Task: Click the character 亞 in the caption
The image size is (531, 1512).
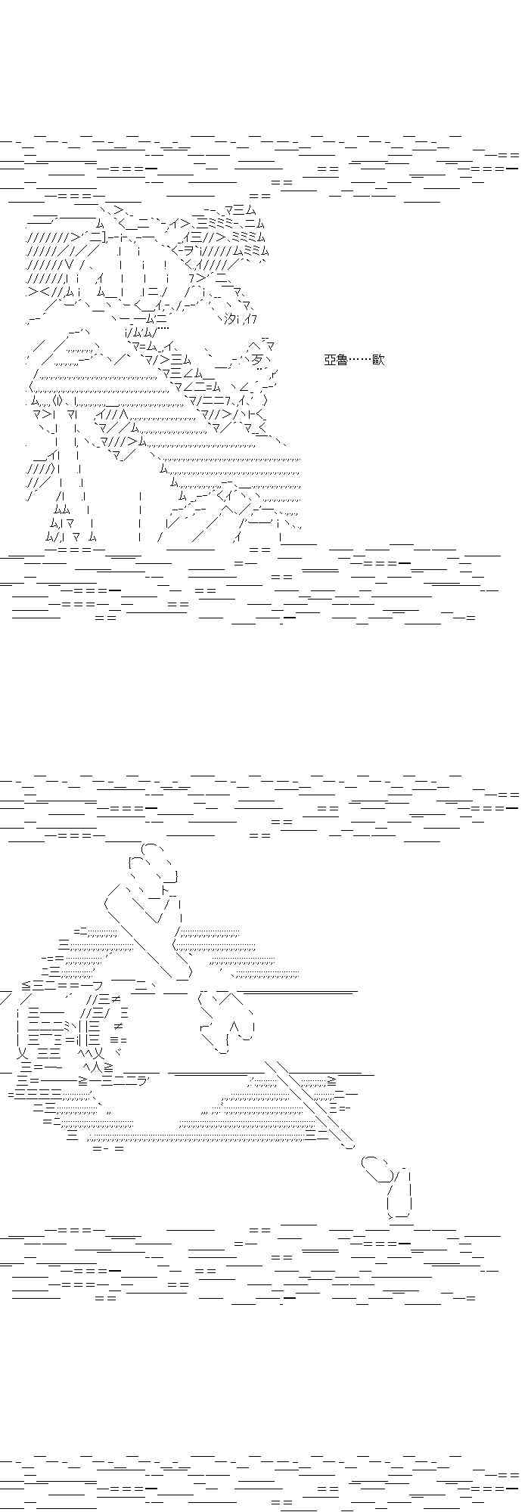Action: click(x=330, y=360)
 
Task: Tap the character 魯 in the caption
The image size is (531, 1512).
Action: click(x=342, y=360)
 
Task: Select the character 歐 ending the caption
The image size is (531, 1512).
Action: click(x=379, y=360)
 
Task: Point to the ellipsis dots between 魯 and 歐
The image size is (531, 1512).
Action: click(x=360, y=361)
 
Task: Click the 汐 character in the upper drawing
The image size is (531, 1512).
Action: click(x=231, y=319)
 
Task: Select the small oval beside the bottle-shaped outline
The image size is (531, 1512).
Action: click(x=377, y=1168)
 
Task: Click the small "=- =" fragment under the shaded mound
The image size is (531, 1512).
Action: click(x=108, y=1148)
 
